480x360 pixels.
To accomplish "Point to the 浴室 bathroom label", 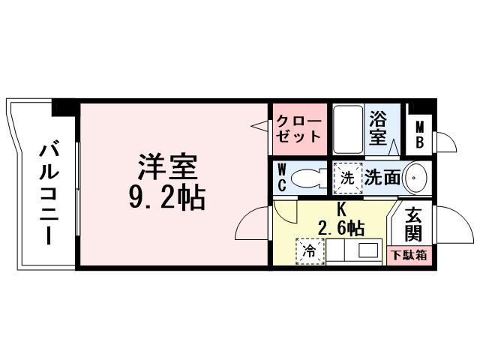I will [378, 128].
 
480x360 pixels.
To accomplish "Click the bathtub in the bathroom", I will [347, 129].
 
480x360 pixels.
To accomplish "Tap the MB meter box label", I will [419, 134].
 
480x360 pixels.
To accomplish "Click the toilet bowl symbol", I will [307, 178].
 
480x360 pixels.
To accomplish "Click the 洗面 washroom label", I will [382, 178].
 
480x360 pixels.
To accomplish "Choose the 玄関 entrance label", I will [412, 223].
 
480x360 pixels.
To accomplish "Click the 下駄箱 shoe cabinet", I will [410, 254].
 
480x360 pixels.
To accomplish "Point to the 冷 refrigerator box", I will [308, 251].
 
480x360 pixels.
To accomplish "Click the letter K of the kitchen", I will [340, 208].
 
